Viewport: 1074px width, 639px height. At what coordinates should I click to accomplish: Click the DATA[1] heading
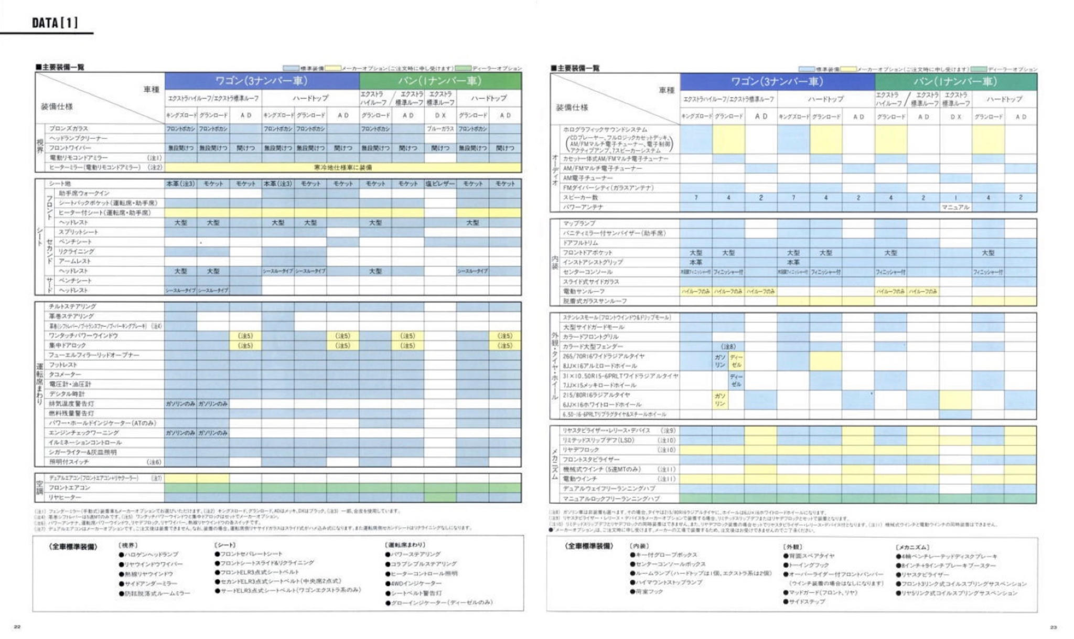click(55, 23)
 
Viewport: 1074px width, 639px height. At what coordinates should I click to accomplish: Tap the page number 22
click(17, 627)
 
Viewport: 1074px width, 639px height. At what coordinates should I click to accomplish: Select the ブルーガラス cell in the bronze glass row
click(440, 129)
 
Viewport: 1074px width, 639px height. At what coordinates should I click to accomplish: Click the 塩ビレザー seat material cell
click(440, 184)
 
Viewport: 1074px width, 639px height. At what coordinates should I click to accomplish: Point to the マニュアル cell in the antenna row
click(955, 207)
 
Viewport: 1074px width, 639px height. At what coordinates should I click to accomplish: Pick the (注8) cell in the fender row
click(728, 347)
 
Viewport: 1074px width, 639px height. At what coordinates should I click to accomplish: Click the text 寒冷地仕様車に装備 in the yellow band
click(343, 167)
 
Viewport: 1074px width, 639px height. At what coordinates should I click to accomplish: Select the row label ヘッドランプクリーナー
click(78, 139)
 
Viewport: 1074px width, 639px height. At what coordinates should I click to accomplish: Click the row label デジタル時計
click(67, 394)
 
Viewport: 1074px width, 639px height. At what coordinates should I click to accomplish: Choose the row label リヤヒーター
click(65, 497)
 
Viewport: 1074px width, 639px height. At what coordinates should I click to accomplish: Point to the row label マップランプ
click(579, 223)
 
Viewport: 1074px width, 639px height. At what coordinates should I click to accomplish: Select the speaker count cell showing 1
click(955, 198)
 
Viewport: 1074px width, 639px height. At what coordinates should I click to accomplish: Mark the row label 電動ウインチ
click(581, 479)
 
